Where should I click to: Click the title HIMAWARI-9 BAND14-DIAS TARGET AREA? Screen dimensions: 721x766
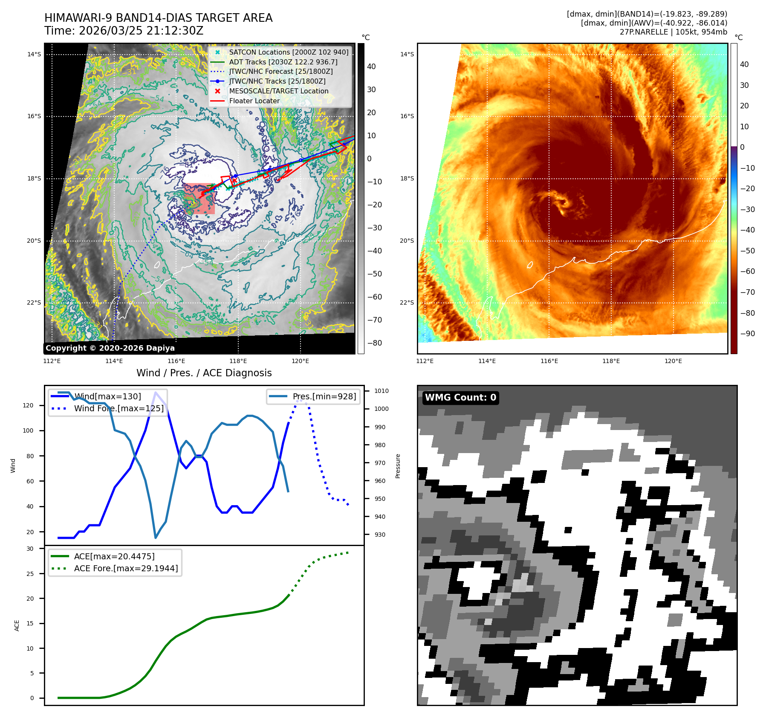[x=158, y=18]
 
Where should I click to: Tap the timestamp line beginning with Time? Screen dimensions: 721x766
[x=124, y=31]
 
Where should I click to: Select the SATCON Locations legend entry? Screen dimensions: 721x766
[x=289, y=52]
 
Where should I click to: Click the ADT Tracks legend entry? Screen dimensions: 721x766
[x=283, y=62]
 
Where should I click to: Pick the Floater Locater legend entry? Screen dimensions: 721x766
[x=254, y=101]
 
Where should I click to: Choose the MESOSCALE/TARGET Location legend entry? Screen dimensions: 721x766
[x=279, y=91]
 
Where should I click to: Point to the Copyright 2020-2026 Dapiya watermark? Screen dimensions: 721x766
[x=110, y=348]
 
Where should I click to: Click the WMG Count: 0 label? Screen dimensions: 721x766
[x=460, y=398]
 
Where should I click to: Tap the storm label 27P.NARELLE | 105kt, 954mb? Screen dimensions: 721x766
[x=673, y=32]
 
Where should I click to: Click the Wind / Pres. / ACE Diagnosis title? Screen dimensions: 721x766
[x=204, y=373]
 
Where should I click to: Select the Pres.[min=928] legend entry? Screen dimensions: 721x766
[x=324, y=396]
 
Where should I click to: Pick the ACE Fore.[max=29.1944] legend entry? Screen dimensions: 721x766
[x=126, y=568]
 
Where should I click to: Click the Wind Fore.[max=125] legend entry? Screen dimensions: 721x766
[x=119, y=408]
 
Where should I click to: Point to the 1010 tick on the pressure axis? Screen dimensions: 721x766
[x=381, y=391]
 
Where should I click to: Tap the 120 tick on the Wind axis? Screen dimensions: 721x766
[x=28, y=405]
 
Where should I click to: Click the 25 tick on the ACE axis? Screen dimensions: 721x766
[x=30, y=573]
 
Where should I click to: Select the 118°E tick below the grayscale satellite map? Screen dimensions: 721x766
[x=238, y=361]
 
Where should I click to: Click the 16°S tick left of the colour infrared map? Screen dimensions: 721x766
[x=407, y=116]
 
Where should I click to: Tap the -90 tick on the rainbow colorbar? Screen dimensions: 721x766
[x=747, y=334]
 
